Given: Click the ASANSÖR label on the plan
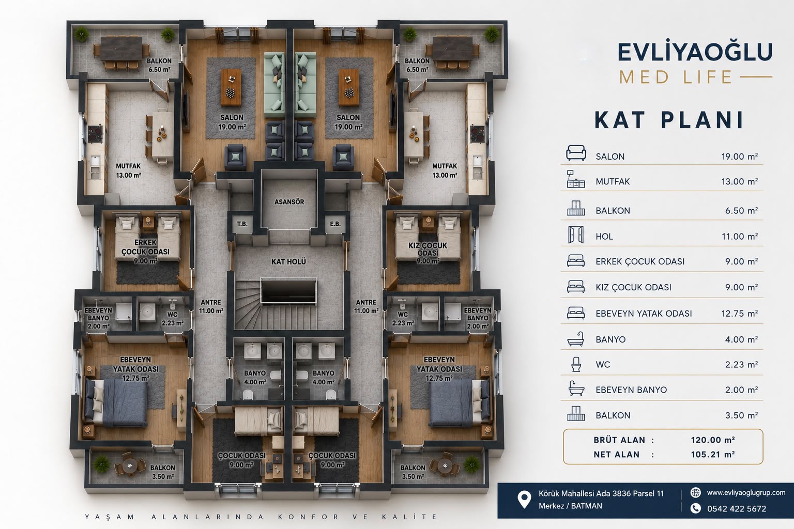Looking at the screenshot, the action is [289, 202].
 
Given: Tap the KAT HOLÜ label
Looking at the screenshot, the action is [288, 261].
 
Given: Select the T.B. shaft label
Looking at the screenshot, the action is [242, 224].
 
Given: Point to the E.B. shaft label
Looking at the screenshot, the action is [335, 224].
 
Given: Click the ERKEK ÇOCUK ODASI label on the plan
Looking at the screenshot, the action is [145, 247].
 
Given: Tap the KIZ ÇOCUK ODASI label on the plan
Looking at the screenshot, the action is [428, 249].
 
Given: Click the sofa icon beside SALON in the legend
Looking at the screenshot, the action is [576, 153].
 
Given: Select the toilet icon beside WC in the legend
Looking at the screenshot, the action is [576, 364].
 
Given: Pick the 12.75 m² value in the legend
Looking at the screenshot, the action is [739, 313].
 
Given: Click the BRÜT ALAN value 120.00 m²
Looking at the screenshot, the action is [712, 440].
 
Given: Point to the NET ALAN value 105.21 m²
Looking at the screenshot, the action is [712, 454].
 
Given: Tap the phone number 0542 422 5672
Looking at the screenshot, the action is [737, 509].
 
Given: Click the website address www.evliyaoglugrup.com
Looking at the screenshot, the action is [746, 492].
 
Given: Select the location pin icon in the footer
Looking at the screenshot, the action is [524, 500].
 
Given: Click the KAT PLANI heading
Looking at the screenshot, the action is [668, 120].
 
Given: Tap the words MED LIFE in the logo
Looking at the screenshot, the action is [676, 77].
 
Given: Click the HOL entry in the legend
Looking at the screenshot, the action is [604, 237].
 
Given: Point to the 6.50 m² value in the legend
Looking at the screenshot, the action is [742, 210].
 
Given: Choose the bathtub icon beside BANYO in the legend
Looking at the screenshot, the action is [576, 339].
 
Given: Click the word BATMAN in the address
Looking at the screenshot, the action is [587, 506].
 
